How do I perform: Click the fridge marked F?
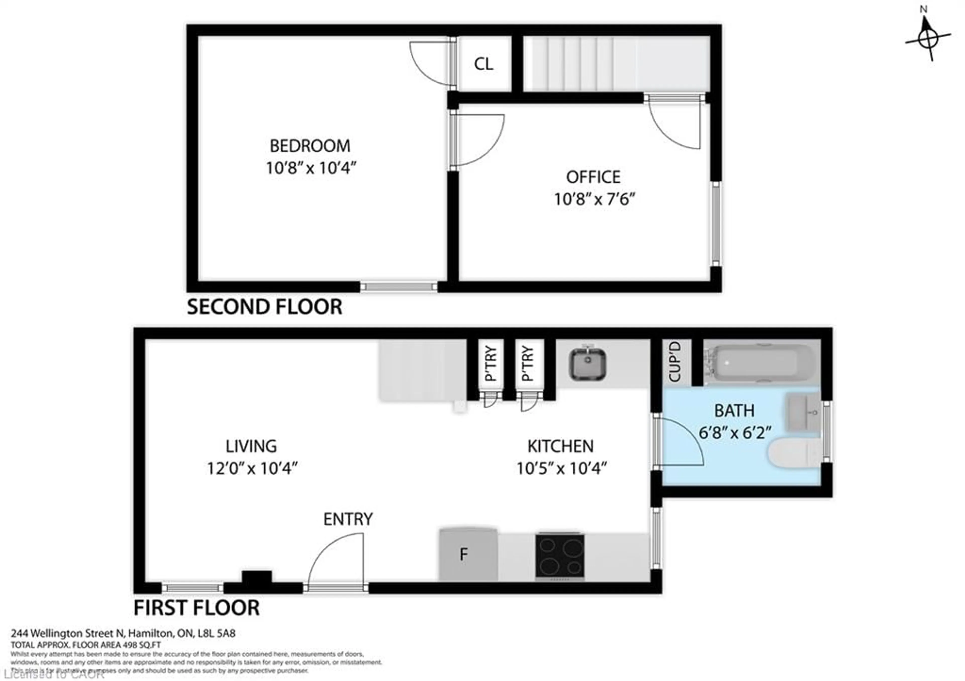(x=468, y=555)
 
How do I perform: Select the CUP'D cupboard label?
(x=674, y=362)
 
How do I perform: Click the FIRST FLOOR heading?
(x=196, y=608)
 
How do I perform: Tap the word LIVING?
(x=251, y=446)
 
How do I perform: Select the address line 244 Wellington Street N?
(x=123, y=633)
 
